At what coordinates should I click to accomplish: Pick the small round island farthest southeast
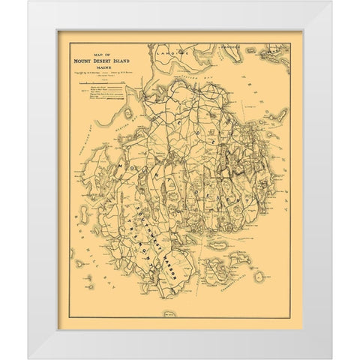coord(259,277)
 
